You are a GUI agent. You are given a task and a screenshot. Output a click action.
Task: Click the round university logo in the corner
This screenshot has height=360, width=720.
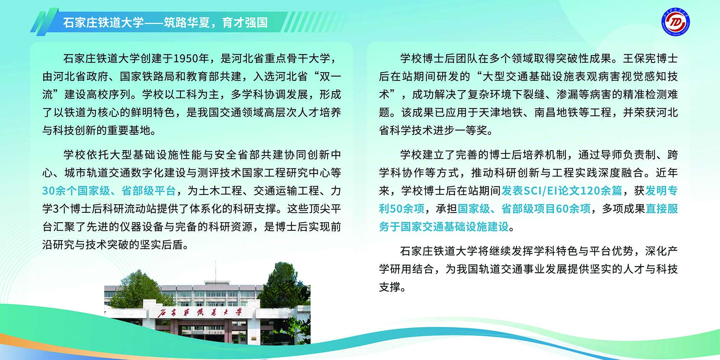coord(676,23)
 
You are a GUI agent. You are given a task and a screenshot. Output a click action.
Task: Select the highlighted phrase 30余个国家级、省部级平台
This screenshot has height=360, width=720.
coord(109,191)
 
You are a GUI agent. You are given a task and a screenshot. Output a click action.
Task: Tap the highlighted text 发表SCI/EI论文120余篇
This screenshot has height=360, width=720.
coord(562,191)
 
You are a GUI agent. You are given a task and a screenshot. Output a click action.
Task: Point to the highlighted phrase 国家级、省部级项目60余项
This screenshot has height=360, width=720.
coord(524,209)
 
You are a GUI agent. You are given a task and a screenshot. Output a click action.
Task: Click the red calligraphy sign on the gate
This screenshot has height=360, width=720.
coord(200,312)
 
